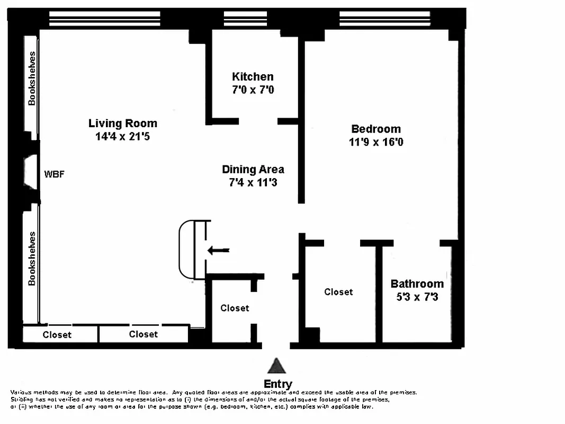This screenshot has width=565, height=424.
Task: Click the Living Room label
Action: pyautogui.click(x=122, y=123)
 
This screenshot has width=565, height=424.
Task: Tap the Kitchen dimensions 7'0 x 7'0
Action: pyautogui.click(x=253, y=90)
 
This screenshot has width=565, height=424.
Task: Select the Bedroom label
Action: pyautogui.click(x=376, y=129)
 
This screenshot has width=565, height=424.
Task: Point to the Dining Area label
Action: pyautogui.click(x=253, y=170)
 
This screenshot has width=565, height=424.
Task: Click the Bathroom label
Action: pyautogui.click(x=417, y=284)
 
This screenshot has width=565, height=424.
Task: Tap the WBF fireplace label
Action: pyautogui.click(x=54, y=174)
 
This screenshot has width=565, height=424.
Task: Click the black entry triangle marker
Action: pyautogui.click(x=276, y=366)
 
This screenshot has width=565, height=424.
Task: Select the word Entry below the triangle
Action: pyautogui.click(x=277, y=384)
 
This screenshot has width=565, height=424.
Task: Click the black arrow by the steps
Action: pyautogui.click(x=218, y=250)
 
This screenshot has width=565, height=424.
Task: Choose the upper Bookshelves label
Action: pyautogui.click(x=32, y=78)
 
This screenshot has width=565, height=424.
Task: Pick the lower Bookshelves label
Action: pyautogui.click(x=32, y=259)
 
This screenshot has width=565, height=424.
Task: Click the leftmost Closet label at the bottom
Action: pyautogui.click(x=57, y=335)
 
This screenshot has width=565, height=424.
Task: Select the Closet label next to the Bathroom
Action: pyautogui.click(x=338, y=292)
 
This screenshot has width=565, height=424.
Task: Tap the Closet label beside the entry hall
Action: pyautogui.click(x=235, y=308)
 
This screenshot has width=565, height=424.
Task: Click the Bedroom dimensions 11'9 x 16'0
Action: pyautogui.click(x=376, y=142)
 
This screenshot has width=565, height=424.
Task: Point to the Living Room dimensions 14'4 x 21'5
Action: pyautogui.click(x=122, y=137)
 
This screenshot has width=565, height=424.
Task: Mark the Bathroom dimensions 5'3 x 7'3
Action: pyautogui.click(x=417, y=297)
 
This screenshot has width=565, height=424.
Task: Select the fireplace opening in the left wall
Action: pyautogui.click(x=30, y=172)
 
